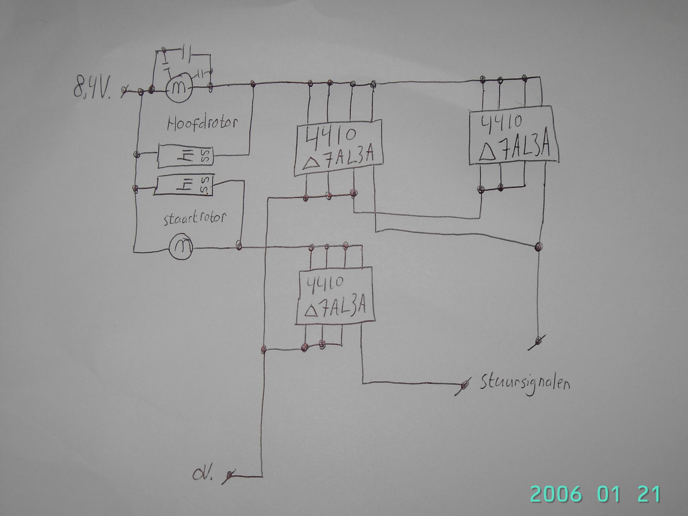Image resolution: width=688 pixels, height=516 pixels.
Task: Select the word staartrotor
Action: pos(193,218)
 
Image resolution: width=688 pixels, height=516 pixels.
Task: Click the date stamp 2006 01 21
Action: pos(596,494)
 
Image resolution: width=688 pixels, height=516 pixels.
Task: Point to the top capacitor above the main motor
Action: pos(186,51)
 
